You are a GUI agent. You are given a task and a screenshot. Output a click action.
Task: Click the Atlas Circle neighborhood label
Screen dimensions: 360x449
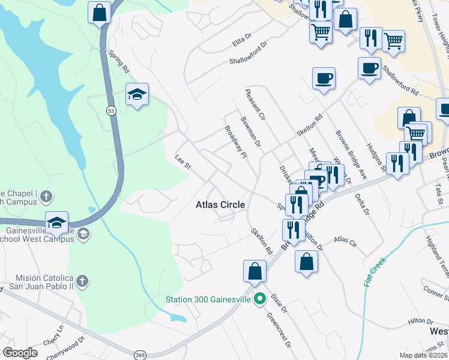220,205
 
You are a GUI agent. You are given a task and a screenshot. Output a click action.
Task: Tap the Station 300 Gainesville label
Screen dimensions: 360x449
208,298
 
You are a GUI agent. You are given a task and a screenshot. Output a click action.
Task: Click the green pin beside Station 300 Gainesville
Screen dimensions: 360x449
260,298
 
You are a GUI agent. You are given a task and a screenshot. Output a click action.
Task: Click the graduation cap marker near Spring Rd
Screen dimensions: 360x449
137,94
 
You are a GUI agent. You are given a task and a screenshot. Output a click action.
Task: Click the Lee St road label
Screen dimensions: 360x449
182,161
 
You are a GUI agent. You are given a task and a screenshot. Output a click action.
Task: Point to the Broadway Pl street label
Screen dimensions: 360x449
236,142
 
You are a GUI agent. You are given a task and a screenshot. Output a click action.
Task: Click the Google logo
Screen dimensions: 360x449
20,353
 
